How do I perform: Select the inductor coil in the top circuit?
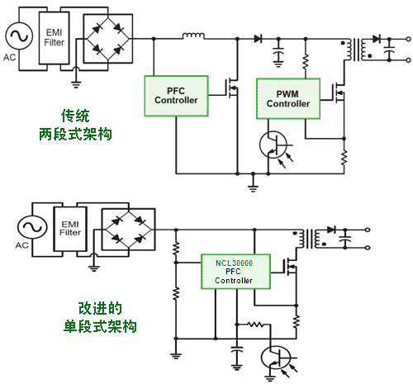click(193, 36)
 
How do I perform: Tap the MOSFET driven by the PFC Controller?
click(232, 88)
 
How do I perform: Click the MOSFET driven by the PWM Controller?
click(339, 93)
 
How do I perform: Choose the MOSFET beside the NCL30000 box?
click(291, 267)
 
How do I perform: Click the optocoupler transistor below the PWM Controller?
click(273, 145)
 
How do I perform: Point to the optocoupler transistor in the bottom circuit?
click(276, 358)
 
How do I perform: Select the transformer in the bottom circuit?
click(310, 239)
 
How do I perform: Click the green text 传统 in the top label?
click(75, 116)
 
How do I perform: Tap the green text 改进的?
click(100, 308)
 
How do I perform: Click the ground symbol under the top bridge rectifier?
click(76, 84)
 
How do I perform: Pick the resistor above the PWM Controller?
click(306, 62)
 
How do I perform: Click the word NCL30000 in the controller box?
click(234, 263)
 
